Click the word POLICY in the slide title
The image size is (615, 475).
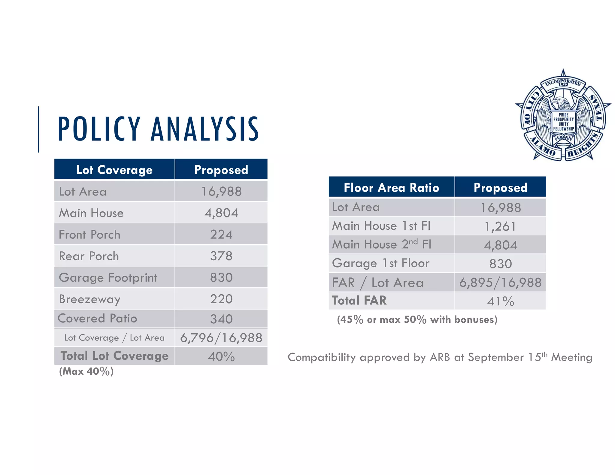click(x=99, y=129)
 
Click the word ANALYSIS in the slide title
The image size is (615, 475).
click(x=205, y=129)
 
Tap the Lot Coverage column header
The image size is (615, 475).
click(x=114, y=170)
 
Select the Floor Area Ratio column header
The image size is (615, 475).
click(x=391, y=188)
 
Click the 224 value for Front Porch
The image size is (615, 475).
click(x=221, y=234)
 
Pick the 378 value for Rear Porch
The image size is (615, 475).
click(x=221, y=256)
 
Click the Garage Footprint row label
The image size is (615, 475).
click(x=108, y=278)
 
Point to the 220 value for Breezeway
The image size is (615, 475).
click(x=221, y=299)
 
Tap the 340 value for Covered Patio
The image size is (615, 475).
click(x=221, y=319)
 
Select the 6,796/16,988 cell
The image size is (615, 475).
click(x=221, y=338)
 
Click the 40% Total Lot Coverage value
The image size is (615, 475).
click(x=221, y=357)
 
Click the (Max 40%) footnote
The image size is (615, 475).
click(x=86, y=372)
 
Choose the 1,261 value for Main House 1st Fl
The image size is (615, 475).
click(x=500, y=226)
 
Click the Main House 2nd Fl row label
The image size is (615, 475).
click(x=381, y=244)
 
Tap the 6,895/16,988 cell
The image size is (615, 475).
click(x=500, y=283)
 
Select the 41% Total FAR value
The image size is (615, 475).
click(x=500, y=301)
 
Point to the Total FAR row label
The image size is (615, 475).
click(x=359, y=301)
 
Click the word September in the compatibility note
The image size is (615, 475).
click(x=495, y=357)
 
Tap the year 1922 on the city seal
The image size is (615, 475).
click(x=563, y=85)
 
